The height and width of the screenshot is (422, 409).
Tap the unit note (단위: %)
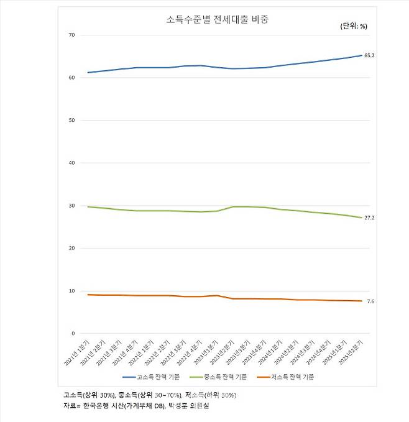coord(354,26)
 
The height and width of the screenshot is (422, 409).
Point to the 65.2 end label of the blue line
coord(369,56)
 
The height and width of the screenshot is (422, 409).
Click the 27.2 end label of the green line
coord(369,218)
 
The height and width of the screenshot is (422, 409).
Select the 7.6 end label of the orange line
coord(370,301)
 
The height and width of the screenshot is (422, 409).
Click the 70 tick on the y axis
coord(71,35)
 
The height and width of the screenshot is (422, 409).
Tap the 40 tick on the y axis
coord(71,163)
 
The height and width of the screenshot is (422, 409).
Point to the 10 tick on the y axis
coord(71,291)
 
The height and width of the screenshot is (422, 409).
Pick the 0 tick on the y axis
coord(73,334)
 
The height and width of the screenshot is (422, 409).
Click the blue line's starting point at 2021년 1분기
coord(88,72)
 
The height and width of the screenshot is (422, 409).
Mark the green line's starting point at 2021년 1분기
coord(88,206)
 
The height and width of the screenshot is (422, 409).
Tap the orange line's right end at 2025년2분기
coord(362,301)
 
